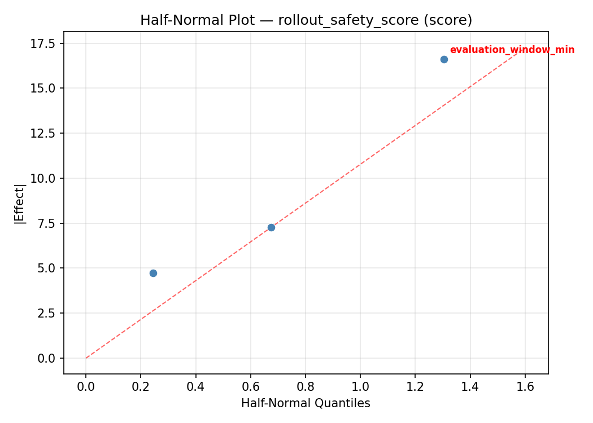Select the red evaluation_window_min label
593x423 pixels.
click(x=512, y=50)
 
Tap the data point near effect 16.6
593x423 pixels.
click(x=444, y=59)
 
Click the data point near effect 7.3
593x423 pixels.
click(x=271, y=227)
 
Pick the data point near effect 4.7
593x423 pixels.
click(x=153, y=273)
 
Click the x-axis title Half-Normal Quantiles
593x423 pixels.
click(x=306, y=403)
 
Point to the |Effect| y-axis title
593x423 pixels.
click(x=20, y=204)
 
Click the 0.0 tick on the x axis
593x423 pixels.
click(x=86, y=386)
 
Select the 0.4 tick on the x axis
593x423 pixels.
click(x=195, y=386)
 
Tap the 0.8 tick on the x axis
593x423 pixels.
click(x=306, y=386)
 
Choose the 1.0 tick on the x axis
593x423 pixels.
click(x=360, y=386)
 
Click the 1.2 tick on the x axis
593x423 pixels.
click(x=415, y=386)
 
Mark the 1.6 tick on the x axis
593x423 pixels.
click(x=525, y=386)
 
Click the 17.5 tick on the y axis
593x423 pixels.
click(x=43, y=43)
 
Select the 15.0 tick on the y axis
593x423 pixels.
click(x=43, y=89)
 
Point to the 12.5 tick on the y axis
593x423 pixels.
click(x=43, y=134)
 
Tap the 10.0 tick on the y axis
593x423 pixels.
click(x=43, y=178)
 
